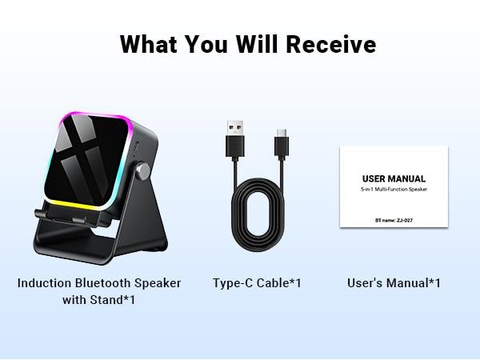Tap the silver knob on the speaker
(x=145, y=170)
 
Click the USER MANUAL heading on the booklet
(x=394, y=178)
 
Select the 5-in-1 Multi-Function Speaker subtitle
(x=394, y=190)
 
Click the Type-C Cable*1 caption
(x=257, y=283)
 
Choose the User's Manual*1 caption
(x=394, y=283)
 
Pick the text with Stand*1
(x=99, y=301)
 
